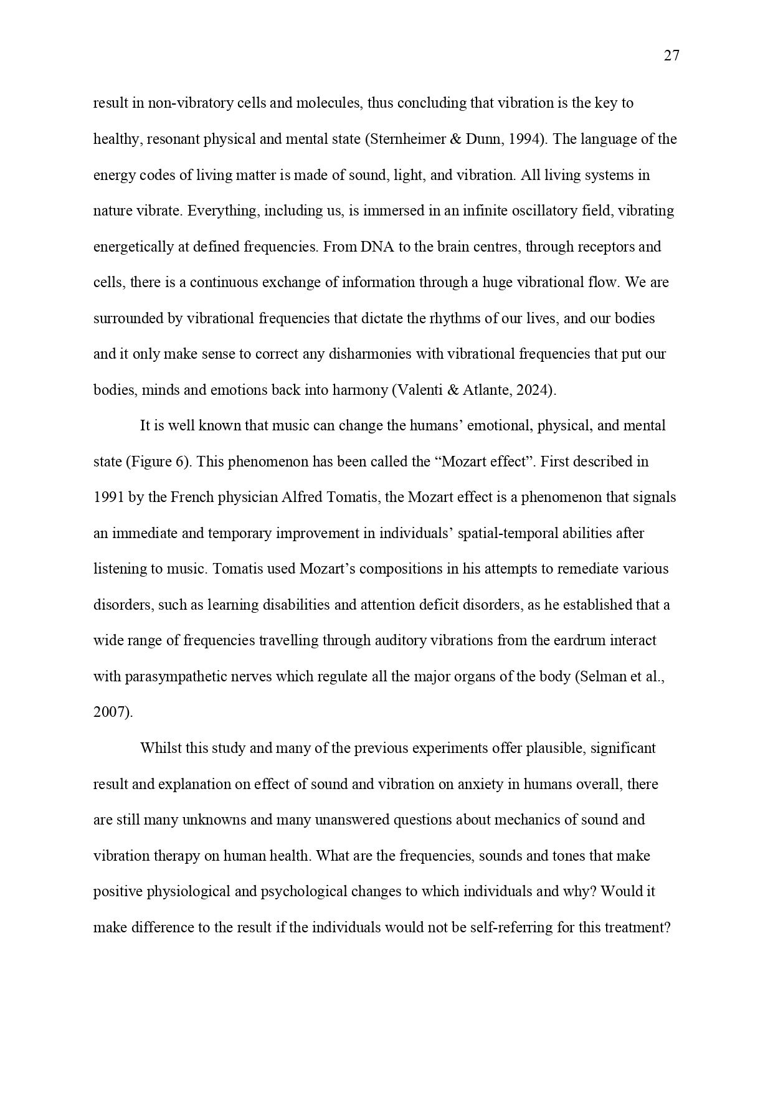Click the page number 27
[671, 56]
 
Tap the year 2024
[533, 390]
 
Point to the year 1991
[110, 498]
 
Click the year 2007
[110, 712]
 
